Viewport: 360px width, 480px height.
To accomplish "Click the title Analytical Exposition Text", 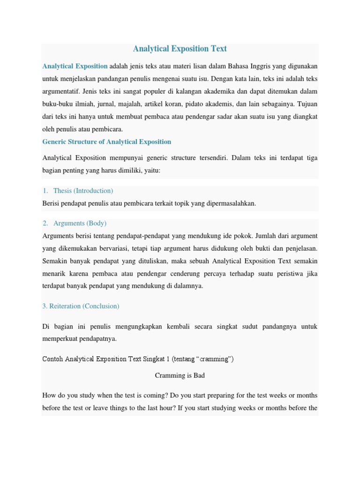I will click(180, 49).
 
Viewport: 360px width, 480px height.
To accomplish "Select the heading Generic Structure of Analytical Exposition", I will click(107, 142).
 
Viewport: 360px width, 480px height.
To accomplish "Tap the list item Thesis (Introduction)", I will click(83, 191).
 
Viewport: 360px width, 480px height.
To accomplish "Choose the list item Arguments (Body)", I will click(80, 224).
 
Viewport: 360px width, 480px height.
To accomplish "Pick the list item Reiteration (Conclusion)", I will click(81, 306).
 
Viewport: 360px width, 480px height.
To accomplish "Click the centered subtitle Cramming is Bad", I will click(180, 375).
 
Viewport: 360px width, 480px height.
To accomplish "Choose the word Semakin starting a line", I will click(55, 261).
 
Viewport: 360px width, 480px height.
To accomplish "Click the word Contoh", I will click(52, 360).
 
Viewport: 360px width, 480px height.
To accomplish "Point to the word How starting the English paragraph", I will click(49, 396).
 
